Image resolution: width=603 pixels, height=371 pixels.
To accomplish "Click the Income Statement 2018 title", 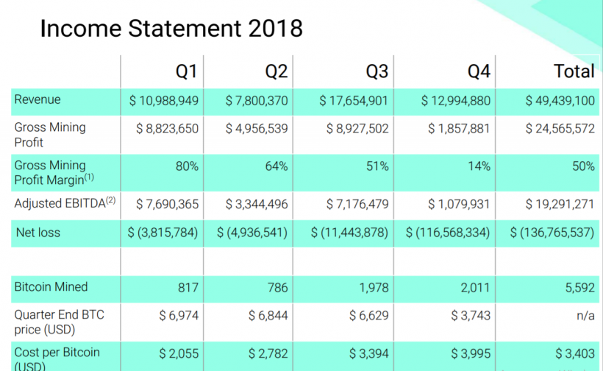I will tap(171, 29).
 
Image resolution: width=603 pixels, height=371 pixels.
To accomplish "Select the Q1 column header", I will tap(186, 71).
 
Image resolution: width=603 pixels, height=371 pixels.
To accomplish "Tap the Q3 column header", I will tap(377, 71).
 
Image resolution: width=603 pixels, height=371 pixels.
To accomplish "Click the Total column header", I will tap(574, 71).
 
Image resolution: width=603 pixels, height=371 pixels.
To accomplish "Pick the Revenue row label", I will tap(38, 100).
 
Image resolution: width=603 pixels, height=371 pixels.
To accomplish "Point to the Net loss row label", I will tap(38, 233).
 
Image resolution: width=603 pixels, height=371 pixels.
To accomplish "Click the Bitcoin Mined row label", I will tap(51, 287).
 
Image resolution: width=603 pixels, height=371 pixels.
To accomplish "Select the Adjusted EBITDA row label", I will tap(65, 204).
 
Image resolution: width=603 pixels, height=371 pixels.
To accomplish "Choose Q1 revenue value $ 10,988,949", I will tap(163, 101).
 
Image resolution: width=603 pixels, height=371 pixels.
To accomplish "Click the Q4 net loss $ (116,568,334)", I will tap(448, 233).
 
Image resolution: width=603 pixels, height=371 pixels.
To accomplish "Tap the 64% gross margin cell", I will tap(276, 166).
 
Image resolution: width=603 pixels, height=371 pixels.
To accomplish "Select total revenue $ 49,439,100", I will tap(560, 101).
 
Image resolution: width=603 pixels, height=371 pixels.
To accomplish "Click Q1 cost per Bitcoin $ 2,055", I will tap(179, 353).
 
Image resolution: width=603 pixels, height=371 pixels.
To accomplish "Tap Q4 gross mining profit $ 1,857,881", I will tap(459, 128).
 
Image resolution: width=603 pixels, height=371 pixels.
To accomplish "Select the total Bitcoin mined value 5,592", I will tap(580, 288).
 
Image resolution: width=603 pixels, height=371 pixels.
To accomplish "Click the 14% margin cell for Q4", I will tap(479, 166).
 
